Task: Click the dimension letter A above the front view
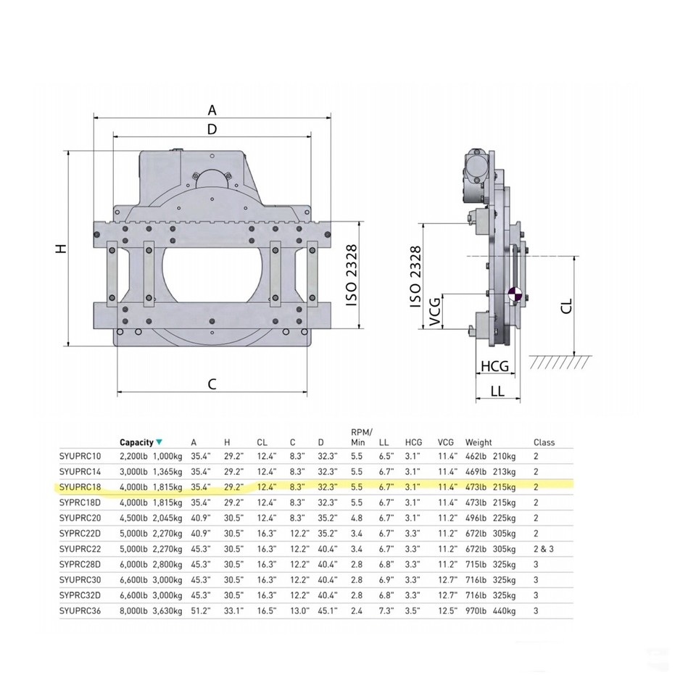click(x=212, y=109)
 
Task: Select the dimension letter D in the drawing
click(x=212, y=129)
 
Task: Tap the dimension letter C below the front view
click(x=212, y=384)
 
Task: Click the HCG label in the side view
click(x=495, y=366)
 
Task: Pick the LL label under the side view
click(x=497, y=391)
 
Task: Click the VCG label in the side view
click(x=436, y=312)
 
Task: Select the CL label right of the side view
click(x=567, y=306)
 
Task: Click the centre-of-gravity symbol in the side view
click(x=515, y=294)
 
